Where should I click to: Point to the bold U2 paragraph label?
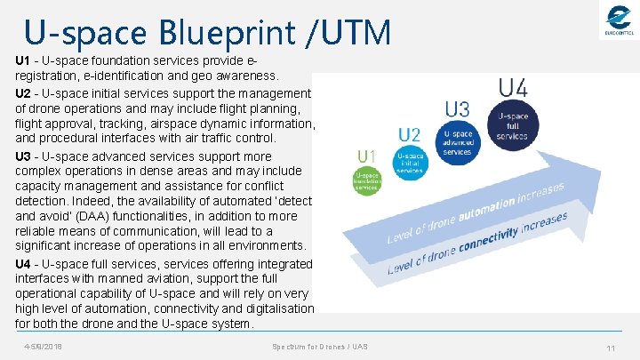pyautogui.click(x=24, y=92)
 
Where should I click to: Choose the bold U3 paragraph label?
pyautogui.click(x=24, y=156)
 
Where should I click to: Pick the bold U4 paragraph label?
pyautogui.click(x=24, y=264)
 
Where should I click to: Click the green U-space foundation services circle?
pyautogui.click(x=367, y=180)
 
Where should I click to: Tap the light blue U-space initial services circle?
pyautogui.click(x=409, y=164)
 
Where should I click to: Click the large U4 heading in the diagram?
pyautogui.click(x=513, y=87)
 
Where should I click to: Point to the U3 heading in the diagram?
pyautogui.click(x=457, y=110)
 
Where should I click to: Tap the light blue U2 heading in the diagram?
pyautogui.click(x=409, y=135)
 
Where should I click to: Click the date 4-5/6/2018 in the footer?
pyautogui.click(x=43, y=346)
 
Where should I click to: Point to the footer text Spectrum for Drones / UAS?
pyautogui.click(x=320, y=346)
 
